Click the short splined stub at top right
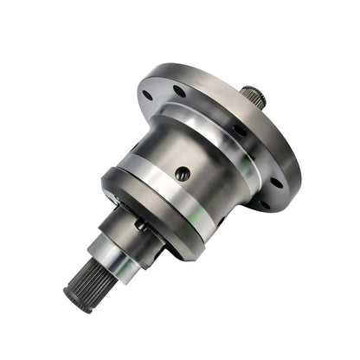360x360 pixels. point(254,94)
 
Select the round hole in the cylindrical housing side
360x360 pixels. point(182,173)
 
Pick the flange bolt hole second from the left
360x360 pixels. point(179,89)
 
